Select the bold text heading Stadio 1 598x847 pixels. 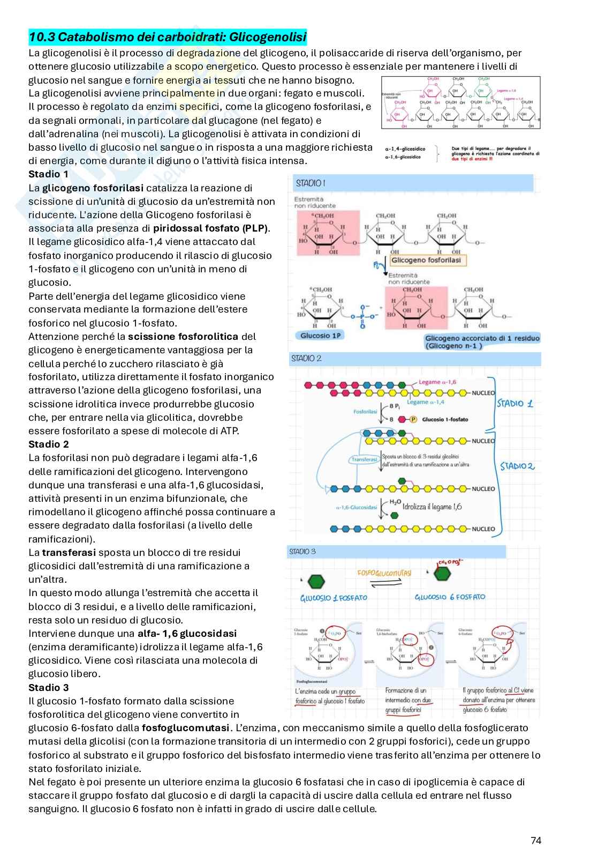(x=48, y=174)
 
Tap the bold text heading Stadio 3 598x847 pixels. (x=48, y=687)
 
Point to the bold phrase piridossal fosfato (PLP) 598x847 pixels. (x=211, y=228)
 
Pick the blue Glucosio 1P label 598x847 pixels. (x=320, y=336)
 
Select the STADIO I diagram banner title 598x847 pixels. (x=311, y=183)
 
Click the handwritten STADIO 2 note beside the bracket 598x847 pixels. (x=517, y=466)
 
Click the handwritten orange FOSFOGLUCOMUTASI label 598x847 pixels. (x=384, y=573)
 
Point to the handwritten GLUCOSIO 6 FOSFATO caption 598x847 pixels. (x=450, y=597)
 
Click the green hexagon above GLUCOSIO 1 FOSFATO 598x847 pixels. (x=316, y=581)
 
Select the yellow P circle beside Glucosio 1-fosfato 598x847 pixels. (x=413, y=419)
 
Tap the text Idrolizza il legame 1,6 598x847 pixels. (x=432, y=507)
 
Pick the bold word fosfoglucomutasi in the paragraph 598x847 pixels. (x=186, y=728)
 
